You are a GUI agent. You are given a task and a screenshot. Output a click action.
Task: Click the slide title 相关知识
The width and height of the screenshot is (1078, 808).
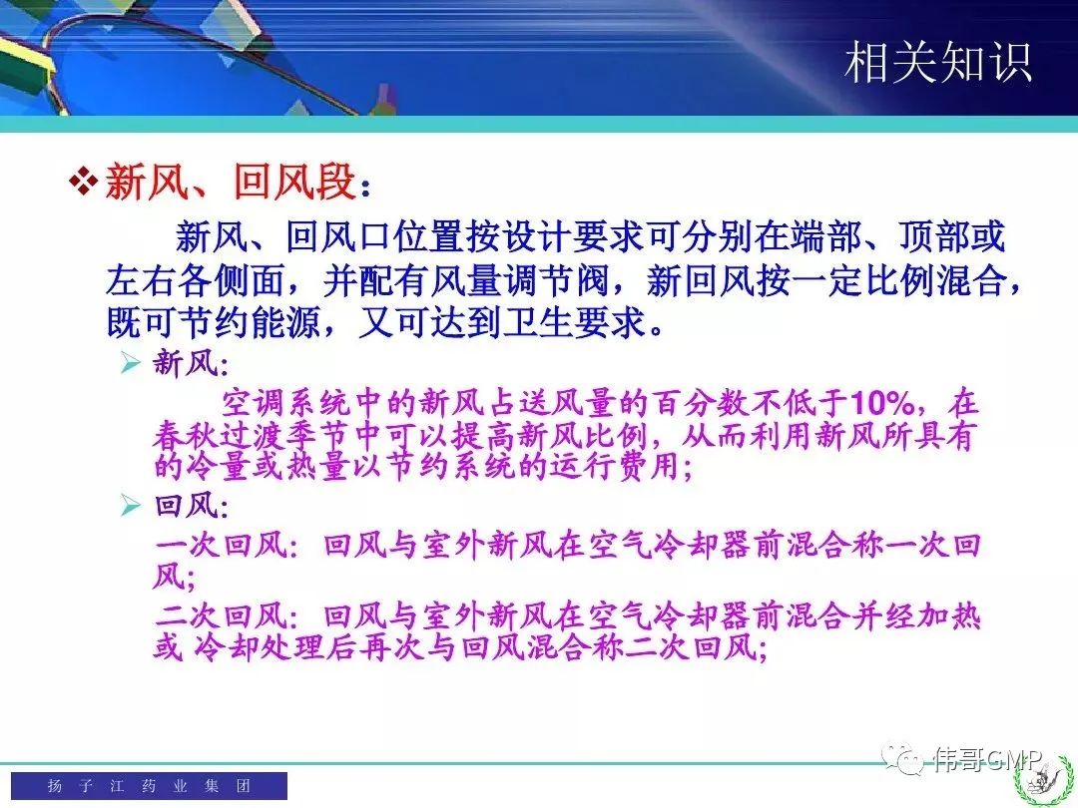pyautogui.click(x=937, y=63)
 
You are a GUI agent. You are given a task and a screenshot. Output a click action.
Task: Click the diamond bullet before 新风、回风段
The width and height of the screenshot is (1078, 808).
pyautogui.click(x=84, y=183)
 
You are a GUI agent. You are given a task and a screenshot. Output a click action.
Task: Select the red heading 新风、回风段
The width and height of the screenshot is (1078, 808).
pyautogui.click(x=231, y=183)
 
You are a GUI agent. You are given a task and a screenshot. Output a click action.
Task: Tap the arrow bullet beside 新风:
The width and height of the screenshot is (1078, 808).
pyautogui.click(x=130, y=362)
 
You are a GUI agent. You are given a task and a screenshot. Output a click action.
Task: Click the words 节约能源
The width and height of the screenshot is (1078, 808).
pyautogui.click(x=248, y=322)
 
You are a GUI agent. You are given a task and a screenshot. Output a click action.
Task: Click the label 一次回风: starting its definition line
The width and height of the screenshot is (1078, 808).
pyautogui.click(x=227, y=546)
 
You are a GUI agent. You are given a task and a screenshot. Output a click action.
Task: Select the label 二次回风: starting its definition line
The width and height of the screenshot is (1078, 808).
pyautogui.click(x=227, y=615)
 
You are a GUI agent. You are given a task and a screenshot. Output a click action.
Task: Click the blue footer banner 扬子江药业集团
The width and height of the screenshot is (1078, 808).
pyautogui.click(x=149, y=785)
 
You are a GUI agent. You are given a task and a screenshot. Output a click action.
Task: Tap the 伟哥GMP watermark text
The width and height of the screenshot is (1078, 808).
pyautogui.click(x=987, y=759)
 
